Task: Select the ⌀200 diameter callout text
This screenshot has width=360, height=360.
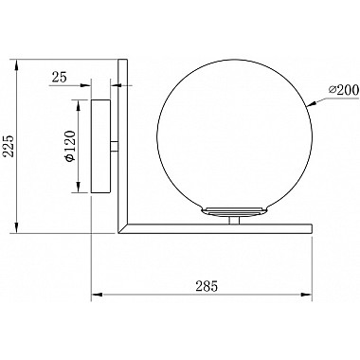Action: pyautogui.click(x=343, y=91)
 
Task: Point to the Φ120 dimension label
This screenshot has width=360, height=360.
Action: pyautogui.click(x=70, y=146)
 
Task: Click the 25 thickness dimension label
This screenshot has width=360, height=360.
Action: pyautogui.click(x=60, y=77)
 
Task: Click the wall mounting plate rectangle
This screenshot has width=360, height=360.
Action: pyautogui.click(x=100, y=146)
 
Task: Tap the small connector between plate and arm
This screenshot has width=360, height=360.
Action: pyautogui.click(x=115, y=146)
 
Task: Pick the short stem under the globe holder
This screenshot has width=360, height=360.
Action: pyautogui.click(x=234, y=220)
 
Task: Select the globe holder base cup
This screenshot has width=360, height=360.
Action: pyautogui.click(x=234, y=211)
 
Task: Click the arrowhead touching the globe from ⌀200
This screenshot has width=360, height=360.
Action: pyautogui.click(x=312, y=104)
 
